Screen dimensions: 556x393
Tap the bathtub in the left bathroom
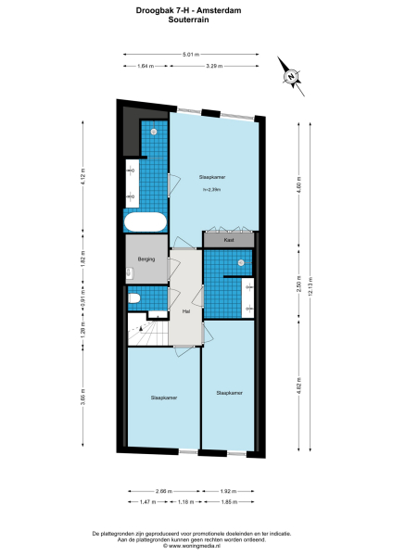pos(146,222)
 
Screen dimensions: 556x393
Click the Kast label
pos(228,240)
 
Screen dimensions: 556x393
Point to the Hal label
pos(186,311)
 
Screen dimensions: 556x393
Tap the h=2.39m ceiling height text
pos(211,190)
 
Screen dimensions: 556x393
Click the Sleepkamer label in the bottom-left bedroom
pos(163,398)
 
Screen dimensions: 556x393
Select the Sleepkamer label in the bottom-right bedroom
pos(229,393)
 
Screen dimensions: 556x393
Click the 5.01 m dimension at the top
pos(190,54)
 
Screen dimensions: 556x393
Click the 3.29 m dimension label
pos(211,66)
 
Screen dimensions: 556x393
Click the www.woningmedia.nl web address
pos(196,545)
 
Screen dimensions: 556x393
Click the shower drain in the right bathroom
pos(240,263)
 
